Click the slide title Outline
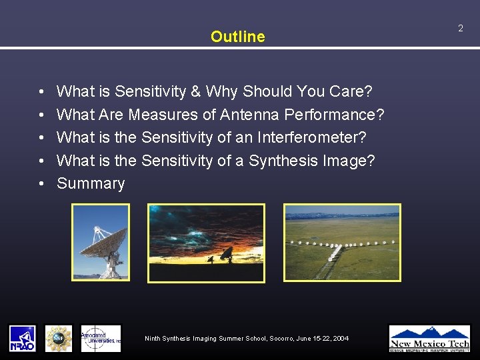[237, 37]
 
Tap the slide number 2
[460, 28]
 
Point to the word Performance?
[334, 115]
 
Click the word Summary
[91, 183]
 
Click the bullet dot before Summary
[41, 184]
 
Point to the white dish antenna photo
[101, 242]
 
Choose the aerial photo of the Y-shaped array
[342, 242]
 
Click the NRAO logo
[22, 338]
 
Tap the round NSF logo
[58, 338]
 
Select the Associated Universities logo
[101, 338]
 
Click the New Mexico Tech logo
[429, 338]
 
